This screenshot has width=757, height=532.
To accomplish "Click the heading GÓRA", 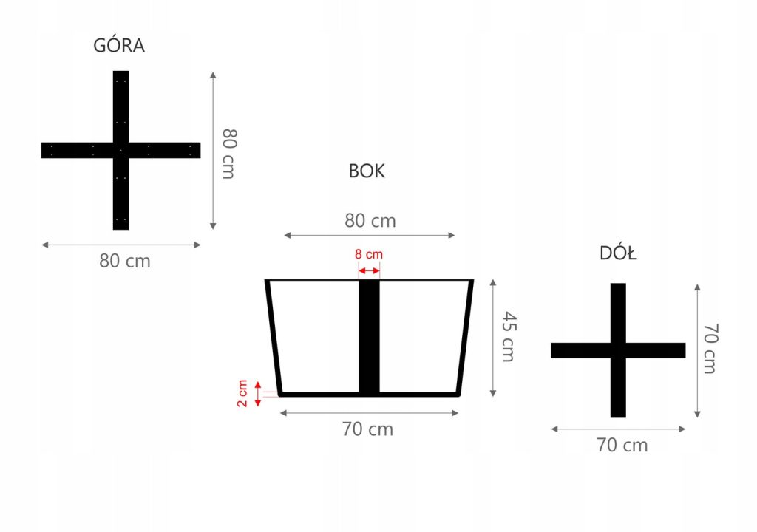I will pos(119,46).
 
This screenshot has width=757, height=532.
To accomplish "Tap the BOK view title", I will pos(367,171).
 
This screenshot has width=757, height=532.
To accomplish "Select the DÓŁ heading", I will pos(618,254).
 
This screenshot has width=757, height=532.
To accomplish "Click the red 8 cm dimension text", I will pos(369,254).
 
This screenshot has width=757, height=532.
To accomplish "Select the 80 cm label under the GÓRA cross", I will pos(125,261).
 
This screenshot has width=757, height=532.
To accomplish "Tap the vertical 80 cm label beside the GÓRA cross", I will pos(229,153).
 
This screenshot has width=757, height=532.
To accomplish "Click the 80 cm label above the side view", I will pos(370,221).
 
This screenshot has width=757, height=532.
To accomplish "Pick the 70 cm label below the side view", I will pos(368,429).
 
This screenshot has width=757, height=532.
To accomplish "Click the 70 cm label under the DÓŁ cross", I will pos(622,445).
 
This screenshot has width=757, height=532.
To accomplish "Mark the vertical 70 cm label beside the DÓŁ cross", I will pos(710,348).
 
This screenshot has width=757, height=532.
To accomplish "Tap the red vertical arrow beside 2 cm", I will pos(258,394).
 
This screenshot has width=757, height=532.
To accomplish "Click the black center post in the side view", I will pos(369,336).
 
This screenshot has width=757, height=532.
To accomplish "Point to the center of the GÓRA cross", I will pos(120,150).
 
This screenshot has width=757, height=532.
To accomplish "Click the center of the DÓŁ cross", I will pos(618,350).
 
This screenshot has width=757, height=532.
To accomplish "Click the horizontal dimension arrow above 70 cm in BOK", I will pos(370,412).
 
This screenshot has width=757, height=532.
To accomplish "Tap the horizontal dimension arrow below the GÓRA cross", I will pos(121,245).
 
